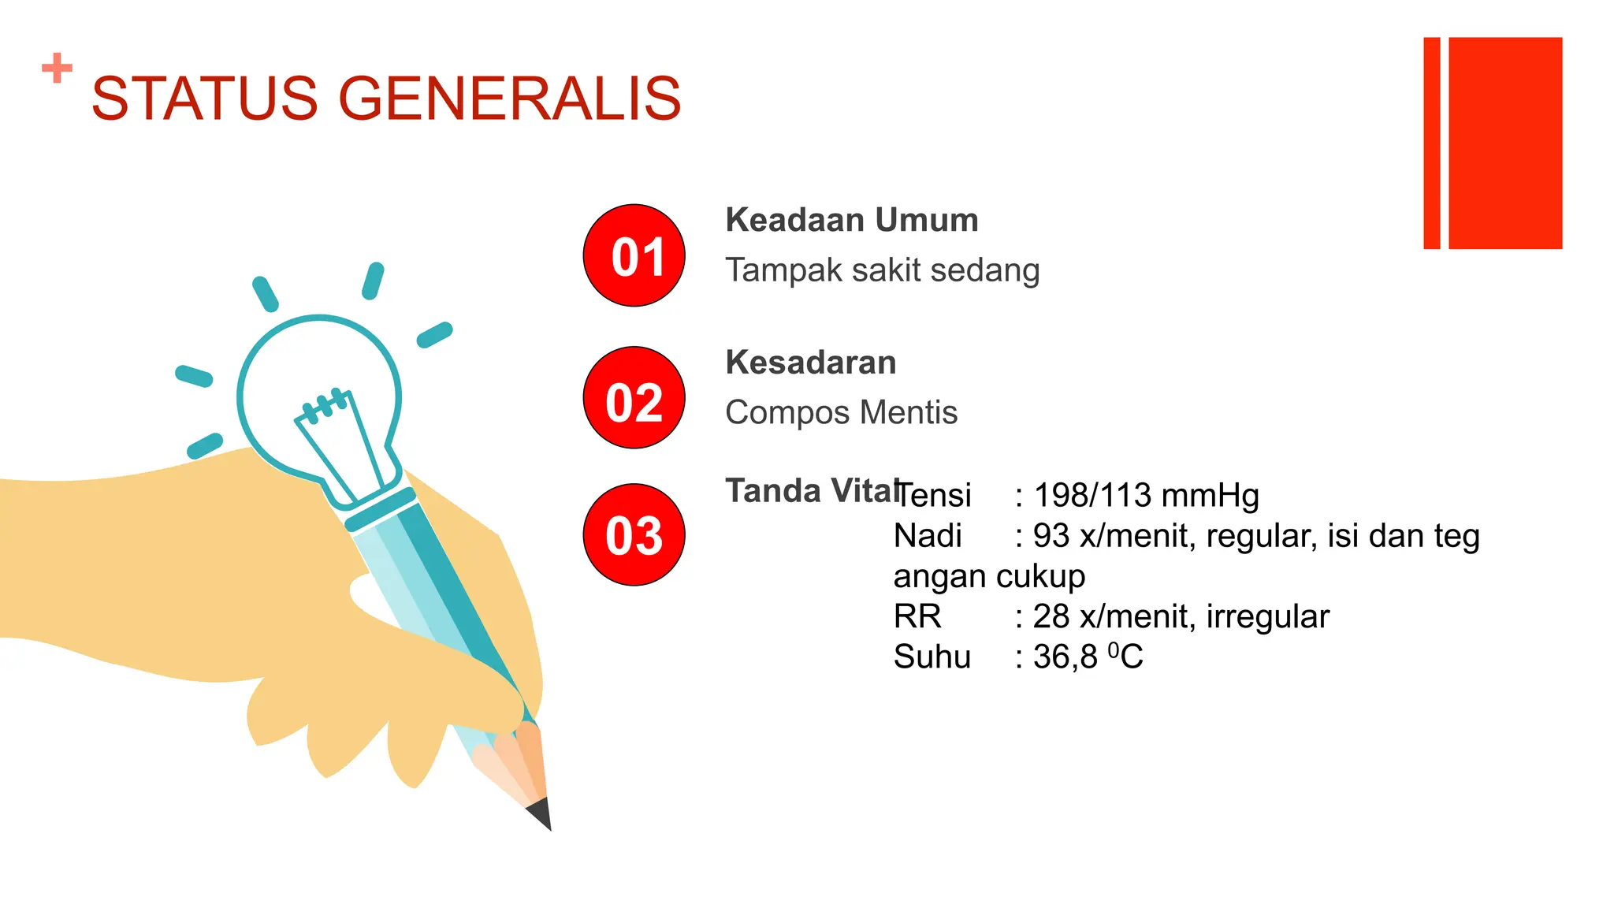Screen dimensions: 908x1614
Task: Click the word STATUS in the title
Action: click(204, 99)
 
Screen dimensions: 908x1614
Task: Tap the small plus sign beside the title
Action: click(57, 68)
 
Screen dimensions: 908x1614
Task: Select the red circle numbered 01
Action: click(634, 255)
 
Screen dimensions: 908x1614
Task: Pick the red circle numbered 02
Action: click(634, 398)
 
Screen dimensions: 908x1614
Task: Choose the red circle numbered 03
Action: click(634, 534)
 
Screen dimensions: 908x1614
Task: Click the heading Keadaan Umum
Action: click(851, 220)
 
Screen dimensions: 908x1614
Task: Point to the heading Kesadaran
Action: click(810, 363)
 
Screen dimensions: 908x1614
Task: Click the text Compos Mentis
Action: click(841, 412)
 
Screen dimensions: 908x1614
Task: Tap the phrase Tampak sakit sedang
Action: click(882, 270)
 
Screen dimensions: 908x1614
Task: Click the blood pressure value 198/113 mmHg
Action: click(1146, 496)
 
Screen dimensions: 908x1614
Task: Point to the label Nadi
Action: click(928, 536)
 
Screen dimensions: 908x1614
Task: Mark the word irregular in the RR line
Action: click(1267, 616)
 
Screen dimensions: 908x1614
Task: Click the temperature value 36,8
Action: click(1065, 657)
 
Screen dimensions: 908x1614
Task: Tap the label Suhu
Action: click(932, 657)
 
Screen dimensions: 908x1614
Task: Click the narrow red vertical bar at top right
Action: click(1431, 143)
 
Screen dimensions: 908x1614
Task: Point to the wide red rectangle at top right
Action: click(1505, 143)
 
